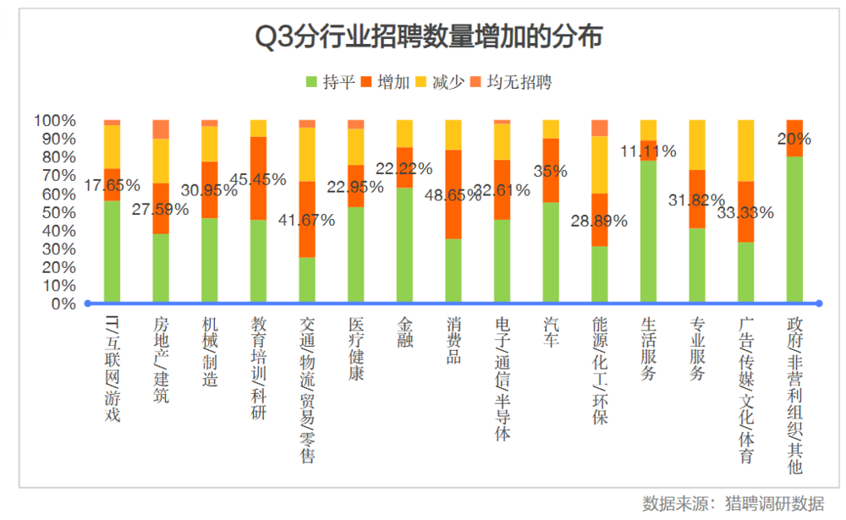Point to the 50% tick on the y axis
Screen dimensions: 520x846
pyautogui.click(x=55, y=212)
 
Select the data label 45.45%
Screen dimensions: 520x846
pyautogui.click(x=257, y=179)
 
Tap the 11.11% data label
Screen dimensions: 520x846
pyautogui.click(x=647, y=151)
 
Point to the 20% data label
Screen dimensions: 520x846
pyautogui.click(x=794, y=139)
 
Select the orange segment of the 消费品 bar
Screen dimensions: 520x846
pyautogui.click(x=453, y=194)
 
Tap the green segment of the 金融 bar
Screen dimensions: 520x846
pyautogui.click(x=404, y=245)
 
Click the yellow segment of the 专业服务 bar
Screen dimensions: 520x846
pyautogui.click(x=697, y=145)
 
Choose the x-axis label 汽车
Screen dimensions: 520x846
pyautogui.click(x=552, y=333)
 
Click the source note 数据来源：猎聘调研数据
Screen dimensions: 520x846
pyautogui.click(x=733, y=503)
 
